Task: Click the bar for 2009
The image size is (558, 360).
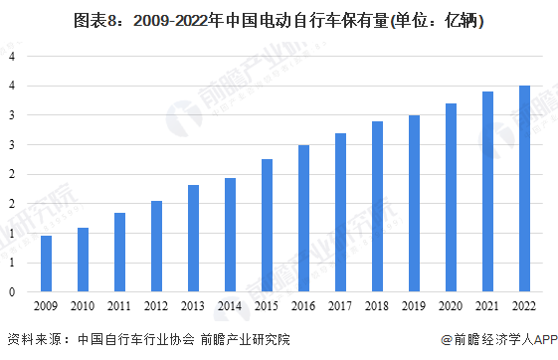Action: [47, 265]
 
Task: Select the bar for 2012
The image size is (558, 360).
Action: [156, 247]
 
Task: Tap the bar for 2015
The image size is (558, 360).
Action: [267, 226]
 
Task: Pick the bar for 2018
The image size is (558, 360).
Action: [377, 207]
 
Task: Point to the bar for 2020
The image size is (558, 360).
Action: [451, 198]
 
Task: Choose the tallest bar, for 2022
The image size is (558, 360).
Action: [524, 189]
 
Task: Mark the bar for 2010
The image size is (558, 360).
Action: [84, 261]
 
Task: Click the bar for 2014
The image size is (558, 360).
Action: [230, 236]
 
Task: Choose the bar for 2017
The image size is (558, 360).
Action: [340, 213]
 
